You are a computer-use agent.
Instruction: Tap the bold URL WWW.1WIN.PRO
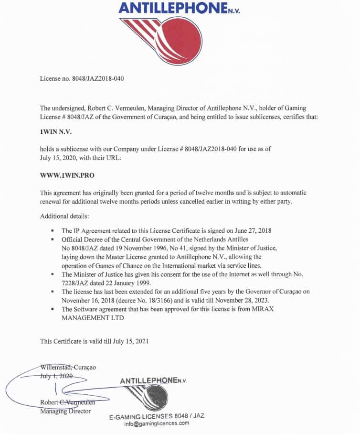click(67, 175)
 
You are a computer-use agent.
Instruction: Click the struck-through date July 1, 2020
click(56, 376)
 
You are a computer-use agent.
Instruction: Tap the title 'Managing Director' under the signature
click(65, 411)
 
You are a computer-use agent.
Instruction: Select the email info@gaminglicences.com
click(157, 423)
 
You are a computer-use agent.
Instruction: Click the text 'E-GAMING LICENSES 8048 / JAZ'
click(157, 416)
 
